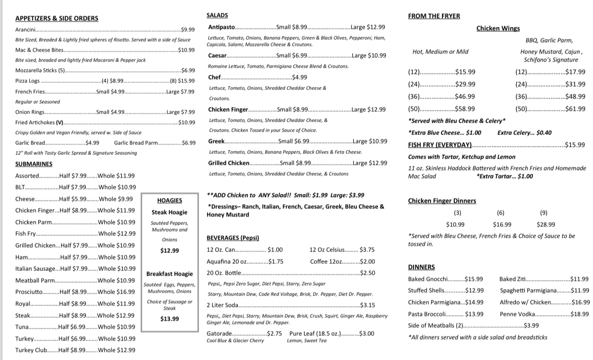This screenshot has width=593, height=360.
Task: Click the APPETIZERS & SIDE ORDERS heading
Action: pyautogui.click(x=57, y=18)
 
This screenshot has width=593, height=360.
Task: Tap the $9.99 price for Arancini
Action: pyautogui.click(x=188, y=29)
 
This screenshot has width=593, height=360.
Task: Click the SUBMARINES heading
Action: pyautogui.click(x=34, y=164)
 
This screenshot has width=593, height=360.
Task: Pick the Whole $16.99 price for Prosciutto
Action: pyautogui.click(x=116, y=292)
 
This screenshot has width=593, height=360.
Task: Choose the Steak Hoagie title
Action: pyautogui.click(x=170, y=212)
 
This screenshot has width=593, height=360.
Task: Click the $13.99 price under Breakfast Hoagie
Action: pyautogui.click(x=170, y=319)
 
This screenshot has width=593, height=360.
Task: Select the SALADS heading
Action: pyautogui.click(x=217, y=16)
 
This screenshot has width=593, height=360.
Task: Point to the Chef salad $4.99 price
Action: pyautogui.click(x=300, y=77)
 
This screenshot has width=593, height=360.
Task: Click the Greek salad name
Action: pyautogui.click(x=216, y=141)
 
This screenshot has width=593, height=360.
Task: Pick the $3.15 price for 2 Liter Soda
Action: pyautogui.click(x=368, y=306)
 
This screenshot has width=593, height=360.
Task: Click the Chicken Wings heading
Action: pyautogui.click(x=498, y=28)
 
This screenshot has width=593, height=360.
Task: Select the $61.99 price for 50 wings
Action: pyautogui.click(x=575, y=109)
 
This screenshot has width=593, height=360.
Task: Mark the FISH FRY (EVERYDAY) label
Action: pyautogui.click(x=440, y=145)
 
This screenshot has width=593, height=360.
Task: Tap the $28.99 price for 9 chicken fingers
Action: pyautogui.click(x=546, y=225)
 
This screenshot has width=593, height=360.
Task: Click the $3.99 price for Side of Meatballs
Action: pyautogui.click(x=531, y=325)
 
